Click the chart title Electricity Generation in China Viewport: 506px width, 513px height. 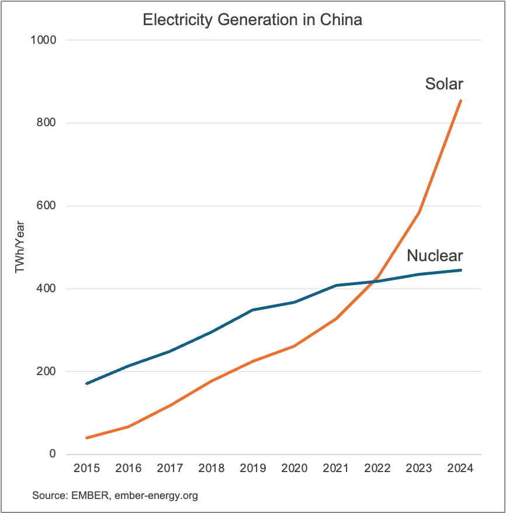pyautogui.click(x=252, y=19)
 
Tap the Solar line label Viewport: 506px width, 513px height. pyautogui.click(x=443, y=84)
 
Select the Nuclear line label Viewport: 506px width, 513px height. pyautogui.click(x=435, y=255)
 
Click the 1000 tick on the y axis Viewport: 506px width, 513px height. pyautogui.click(x=44, y=40)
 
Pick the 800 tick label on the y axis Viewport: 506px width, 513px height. pyautogui.click(x=47, y=123)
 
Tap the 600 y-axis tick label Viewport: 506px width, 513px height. pyautogui.click(x=47, y=206)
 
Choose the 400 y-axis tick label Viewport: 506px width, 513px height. pyautogui.click(x=47, y=289)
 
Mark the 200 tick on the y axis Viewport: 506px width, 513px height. pyautogui.click(x=47, y=372)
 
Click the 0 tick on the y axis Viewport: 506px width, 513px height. pyautogui.click(x=52, y=455)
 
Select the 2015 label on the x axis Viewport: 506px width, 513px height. pyautogui.click(x=86, y=469)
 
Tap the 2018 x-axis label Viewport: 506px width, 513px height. pyautogui.click(x=211, y=469)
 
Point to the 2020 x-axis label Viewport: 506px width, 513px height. pyautogui.click(x=294, y=469)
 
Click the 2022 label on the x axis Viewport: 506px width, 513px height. pyautogui.click(x=377, y=469)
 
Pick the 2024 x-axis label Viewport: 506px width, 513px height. pyautogui.click(x=460, y=469)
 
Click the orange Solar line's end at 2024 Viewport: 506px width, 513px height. pyautogui.click(x=460, y=101)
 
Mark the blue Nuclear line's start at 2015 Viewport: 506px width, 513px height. pyautogui.click(x=87, y=383)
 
